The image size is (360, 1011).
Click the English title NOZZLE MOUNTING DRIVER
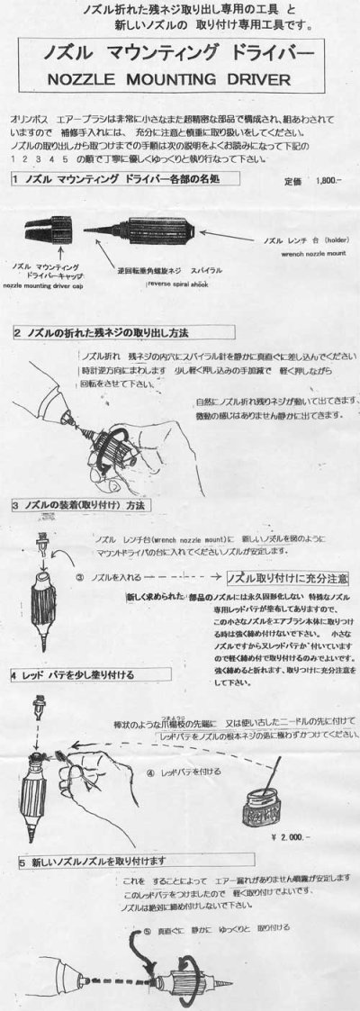[x=180, y=79]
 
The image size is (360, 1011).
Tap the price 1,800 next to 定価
[x=320, y=181]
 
